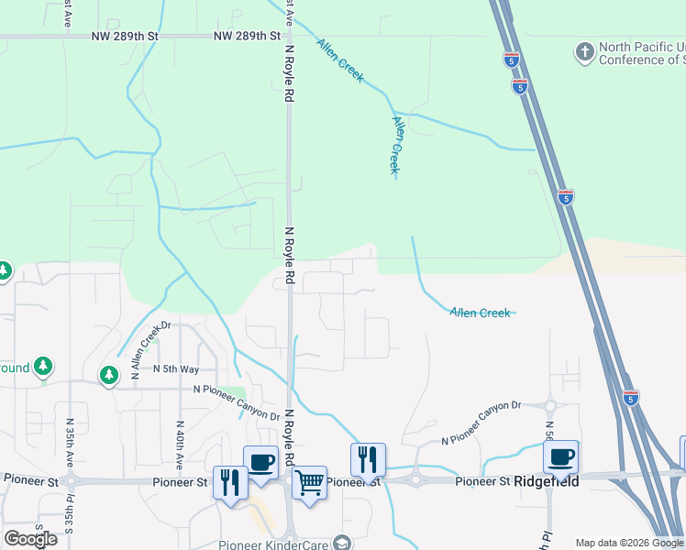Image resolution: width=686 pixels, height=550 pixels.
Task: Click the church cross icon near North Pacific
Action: click(584, 51)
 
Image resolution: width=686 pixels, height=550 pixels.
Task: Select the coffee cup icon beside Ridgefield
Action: click(560, 457)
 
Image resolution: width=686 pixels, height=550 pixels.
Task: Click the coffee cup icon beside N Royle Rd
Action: click(260, 461)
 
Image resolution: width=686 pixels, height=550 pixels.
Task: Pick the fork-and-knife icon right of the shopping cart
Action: click(368, 459)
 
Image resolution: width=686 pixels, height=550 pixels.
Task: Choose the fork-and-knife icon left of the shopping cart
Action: click(230, 482)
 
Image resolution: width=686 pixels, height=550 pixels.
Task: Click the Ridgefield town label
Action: click(547, 481)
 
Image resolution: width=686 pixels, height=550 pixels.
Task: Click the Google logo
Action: click(30, 539)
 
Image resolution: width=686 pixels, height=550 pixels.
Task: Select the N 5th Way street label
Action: click(176, 369)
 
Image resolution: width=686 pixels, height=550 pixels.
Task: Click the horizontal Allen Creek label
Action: click(480, 313)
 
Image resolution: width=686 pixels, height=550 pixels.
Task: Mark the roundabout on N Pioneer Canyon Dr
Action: click(550, 406)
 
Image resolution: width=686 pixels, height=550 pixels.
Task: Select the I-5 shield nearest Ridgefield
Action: click(630, 398)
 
